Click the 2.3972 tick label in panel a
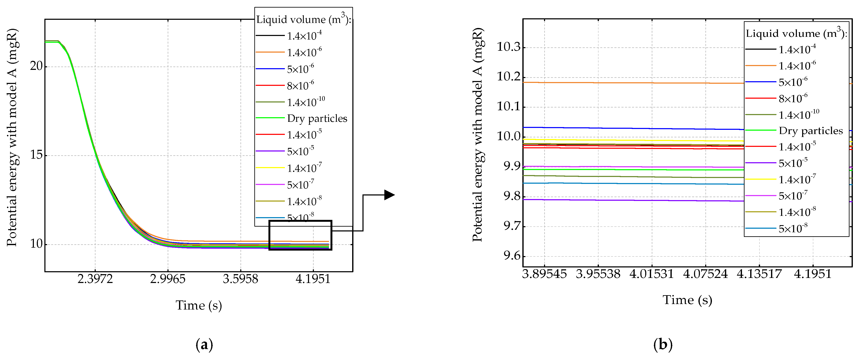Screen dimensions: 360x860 coord(95,279)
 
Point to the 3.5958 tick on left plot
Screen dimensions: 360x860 coord(240,279)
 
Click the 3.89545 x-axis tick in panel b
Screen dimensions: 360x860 coord(544,274)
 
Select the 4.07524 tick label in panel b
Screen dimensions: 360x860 coord(705,274)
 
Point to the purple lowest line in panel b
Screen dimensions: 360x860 coord(634,200)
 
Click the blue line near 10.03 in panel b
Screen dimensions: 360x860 coord(634,128)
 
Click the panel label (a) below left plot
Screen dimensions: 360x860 coord(204,344)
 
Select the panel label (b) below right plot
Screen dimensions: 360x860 coord(663,344)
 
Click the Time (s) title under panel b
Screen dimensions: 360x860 coord(687,300)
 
